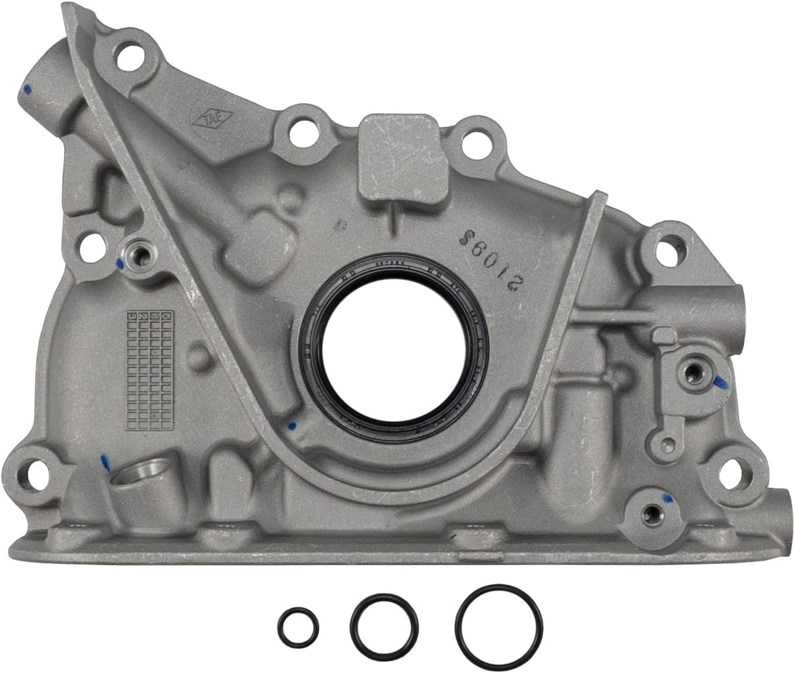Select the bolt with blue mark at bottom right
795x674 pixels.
click(652, 508)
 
